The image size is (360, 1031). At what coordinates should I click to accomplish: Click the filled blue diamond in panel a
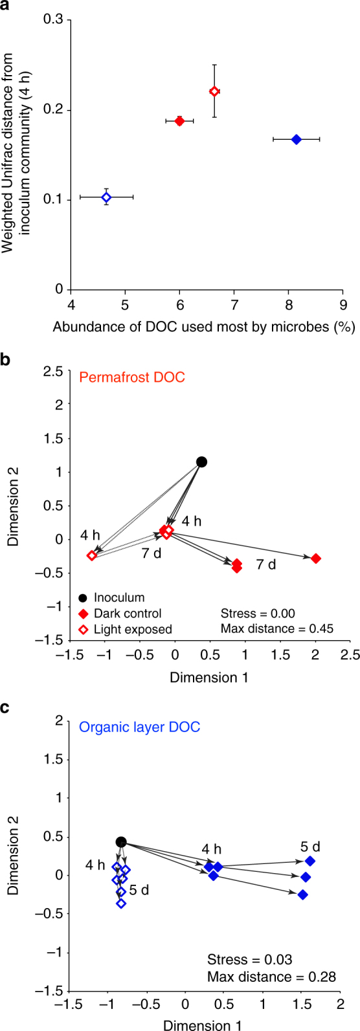(296, 139)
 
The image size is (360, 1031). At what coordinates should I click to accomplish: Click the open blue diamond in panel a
(106, 197)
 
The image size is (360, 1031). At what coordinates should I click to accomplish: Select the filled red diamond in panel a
(179, 121)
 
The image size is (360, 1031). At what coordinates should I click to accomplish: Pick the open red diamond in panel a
(214, 91)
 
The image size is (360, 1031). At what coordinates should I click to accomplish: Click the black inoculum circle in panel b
(201, 461)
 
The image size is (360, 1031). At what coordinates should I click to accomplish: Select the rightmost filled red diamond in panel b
(315, 558)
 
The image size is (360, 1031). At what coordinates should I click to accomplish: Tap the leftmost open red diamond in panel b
(92, 555)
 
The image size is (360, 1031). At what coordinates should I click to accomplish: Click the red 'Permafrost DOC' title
(132, 377)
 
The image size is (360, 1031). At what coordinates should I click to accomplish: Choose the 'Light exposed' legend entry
(133, 628)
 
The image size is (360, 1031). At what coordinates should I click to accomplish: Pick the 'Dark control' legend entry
(128, 613)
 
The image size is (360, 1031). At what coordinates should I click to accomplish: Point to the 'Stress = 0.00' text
(257, 613)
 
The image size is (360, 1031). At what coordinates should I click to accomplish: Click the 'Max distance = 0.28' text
(271, 976)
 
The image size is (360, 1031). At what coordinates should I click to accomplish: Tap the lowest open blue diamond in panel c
(121, 903)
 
